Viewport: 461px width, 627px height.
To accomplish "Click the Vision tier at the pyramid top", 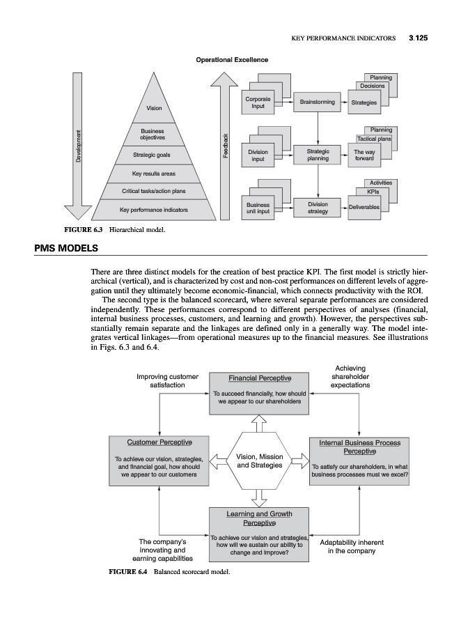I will pos(153,108).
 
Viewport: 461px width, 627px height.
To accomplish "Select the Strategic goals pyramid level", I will pos(152,155).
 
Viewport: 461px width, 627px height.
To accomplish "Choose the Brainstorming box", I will pos(317,102).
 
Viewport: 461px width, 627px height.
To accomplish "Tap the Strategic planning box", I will pos(317,155).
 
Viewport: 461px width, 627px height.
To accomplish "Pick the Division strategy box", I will pos(317,208).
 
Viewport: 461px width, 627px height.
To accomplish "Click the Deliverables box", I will pos(364,208).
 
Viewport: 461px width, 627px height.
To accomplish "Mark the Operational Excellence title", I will pos(232,60).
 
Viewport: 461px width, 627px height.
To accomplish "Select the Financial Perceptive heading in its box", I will pos(259,378).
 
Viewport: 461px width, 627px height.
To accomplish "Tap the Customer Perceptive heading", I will pos(159,442).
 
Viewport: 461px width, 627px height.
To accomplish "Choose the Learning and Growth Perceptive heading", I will pos(259,518).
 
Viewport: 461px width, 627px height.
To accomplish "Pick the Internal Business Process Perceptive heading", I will pos(359,447).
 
